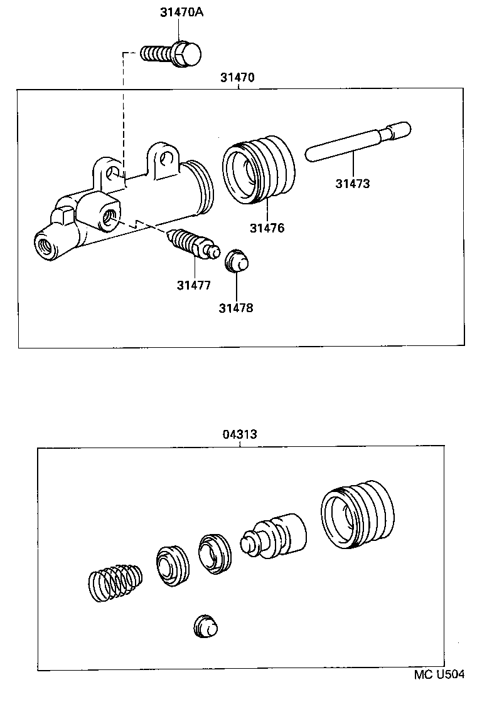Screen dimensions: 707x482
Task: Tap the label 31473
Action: (352, 184)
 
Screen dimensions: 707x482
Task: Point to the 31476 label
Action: (267, 228)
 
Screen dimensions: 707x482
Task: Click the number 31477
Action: (194, 285)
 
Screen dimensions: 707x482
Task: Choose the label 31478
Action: (236, 308)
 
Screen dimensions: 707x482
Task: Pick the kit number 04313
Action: (240, 434)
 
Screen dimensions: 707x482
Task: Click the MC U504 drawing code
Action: (439, 674)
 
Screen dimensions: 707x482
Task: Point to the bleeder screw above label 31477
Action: (192, 245)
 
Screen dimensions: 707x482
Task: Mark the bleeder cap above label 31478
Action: (237, 260)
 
